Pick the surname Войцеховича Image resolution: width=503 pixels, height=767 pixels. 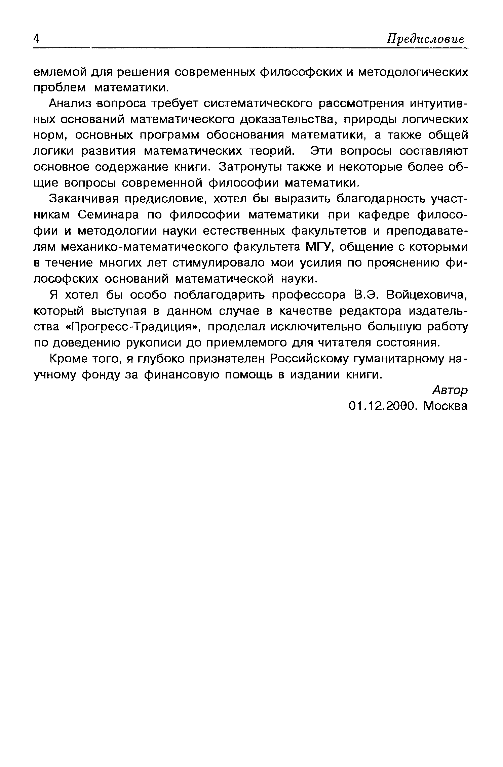[x=427, y=295]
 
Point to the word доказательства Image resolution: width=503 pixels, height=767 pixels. [x=287, y=120]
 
